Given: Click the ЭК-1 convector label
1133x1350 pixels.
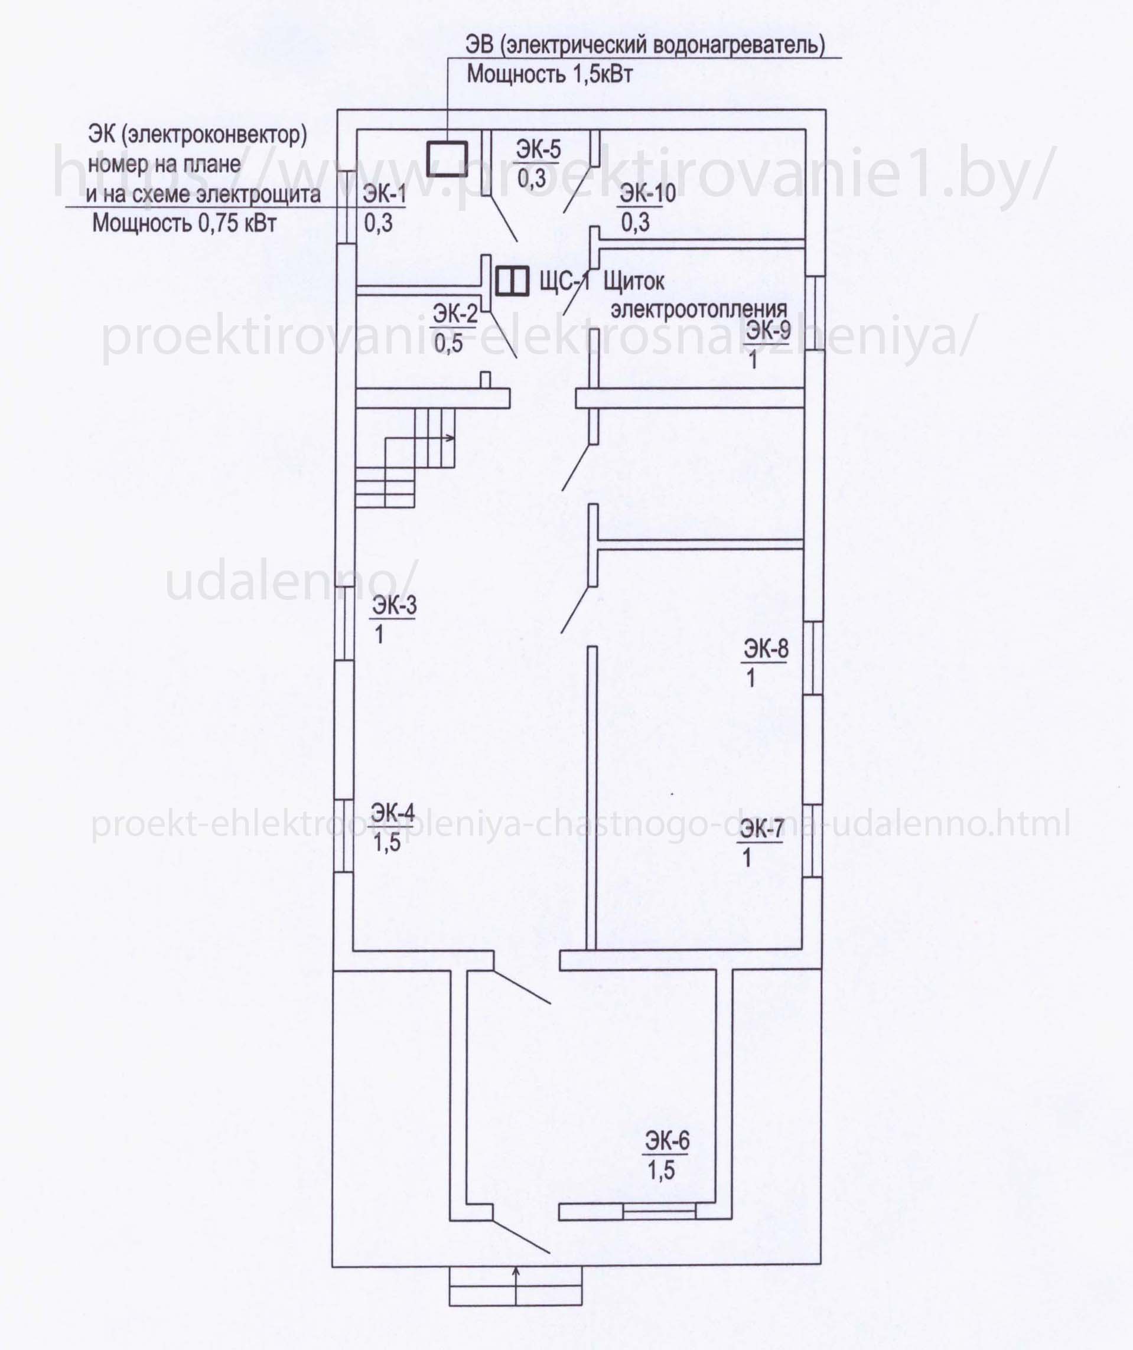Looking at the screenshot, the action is coord(385,194).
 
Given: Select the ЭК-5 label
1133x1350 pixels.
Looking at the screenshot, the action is coord(538,149).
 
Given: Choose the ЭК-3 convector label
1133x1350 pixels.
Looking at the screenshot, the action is coord(394,605).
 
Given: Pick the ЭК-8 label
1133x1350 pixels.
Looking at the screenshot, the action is coord(766,648).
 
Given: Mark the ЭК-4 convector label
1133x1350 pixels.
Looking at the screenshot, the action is coord(393,813).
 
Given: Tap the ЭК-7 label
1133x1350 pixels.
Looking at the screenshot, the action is coord(761,829).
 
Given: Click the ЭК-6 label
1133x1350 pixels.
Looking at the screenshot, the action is coord(667,1141).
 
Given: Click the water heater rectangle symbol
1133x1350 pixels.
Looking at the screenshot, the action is coord(446,158).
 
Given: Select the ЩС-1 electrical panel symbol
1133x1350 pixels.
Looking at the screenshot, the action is coord(513,281).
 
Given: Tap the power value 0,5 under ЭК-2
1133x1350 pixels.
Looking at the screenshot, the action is coord(448,344).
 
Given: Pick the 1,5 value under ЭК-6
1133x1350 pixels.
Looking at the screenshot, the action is coord(661,1170).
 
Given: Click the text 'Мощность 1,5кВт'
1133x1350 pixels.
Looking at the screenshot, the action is coord(549,74).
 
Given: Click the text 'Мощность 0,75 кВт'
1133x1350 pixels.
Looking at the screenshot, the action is coord(184,223).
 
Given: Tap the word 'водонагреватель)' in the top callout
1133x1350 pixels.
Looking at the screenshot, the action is coord(738,45).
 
